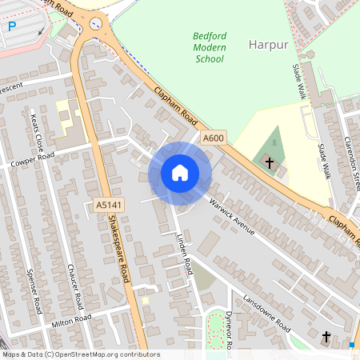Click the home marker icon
pyautogui.click(x=180, y=173)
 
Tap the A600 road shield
pyautogui.click(x=212, y=138)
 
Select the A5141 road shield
pyautogui.click(x=108, y=206)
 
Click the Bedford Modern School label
pyautogui.click(x=210, y=47)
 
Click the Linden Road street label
pyautogui.click(x=183, y=254)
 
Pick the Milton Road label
pyautogui.click(x=73, y=319)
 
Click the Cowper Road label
pyautogui.click(x=32, y=159)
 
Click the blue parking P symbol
pyautogui.click(x=12, y=26)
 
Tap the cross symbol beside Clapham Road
pyautogui.click(x=270, y=163)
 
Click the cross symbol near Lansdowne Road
pyautogui.click(x=326, y=337)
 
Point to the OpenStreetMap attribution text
pyautogui.click(x=81, y=354)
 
